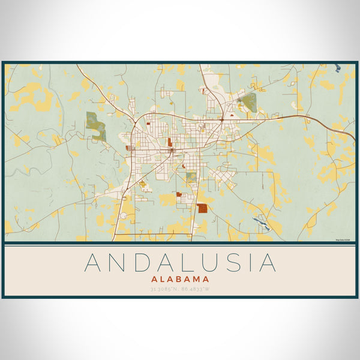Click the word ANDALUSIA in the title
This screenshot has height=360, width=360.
(180, 263)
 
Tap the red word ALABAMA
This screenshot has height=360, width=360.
(180, 279)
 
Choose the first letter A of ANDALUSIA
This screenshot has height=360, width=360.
(94, 263)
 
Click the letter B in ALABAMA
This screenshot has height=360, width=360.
(179, 279)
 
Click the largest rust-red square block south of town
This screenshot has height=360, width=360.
(202, 208)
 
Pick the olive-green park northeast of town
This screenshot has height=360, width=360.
(249, 101)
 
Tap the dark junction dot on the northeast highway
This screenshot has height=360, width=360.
(222, 120)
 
